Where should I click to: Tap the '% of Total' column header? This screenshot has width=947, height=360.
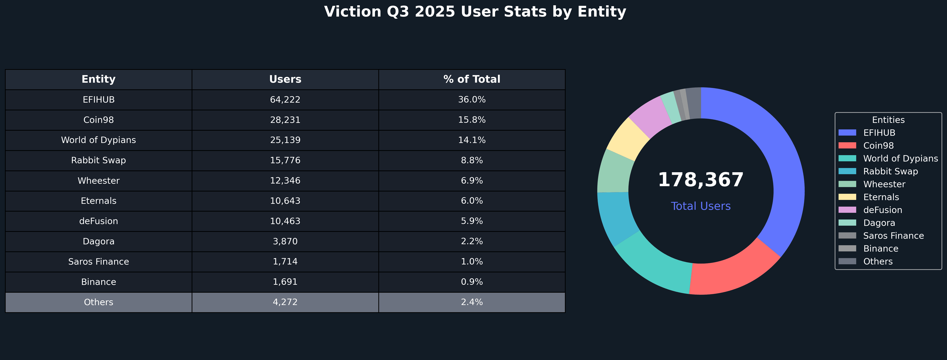point(472,80)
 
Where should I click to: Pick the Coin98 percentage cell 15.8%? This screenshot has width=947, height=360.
point(472,120)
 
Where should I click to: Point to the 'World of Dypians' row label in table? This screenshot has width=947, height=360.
point(99,140)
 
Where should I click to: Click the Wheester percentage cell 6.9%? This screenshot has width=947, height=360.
point(472,181)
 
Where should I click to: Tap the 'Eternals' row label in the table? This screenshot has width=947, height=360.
point(99,201)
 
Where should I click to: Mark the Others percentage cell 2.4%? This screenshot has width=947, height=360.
point(472,302)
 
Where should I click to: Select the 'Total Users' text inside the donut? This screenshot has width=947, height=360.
point(701,206)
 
